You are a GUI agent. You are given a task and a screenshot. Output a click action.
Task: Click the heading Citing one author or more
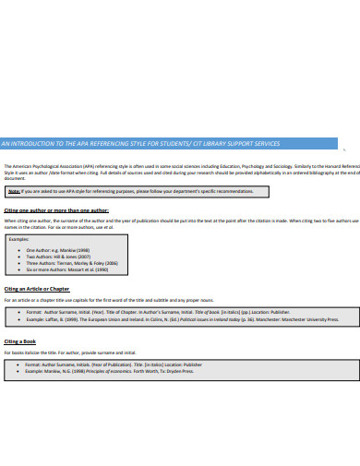coord(43,210)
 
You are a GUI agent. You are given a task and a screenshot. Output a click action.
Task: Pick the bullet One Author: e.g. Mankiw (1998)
coord(57,250)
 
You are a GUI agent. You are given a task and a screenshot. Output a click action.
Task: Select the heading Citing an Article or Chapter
coord(37,289)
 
